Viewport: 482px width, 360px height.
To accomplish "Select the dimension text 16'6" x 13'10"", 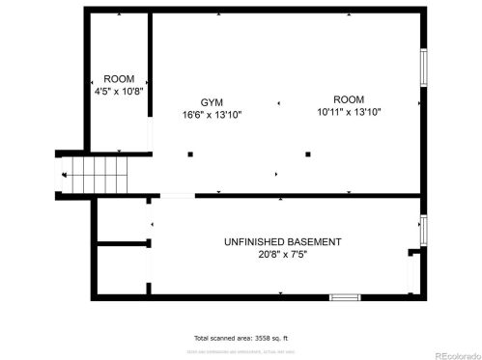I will [212, 114].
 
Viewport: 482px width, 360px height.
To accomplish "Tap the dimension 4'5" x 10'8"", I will [119, 93].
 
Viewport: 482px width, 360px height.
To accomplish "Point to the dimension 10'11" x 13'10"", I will [348, 112].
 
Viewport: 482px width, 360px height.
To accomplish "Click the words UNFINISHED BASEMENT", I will [282, 241].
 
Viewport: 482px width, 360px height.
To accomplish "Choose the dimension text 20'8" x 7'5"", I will [282, 254].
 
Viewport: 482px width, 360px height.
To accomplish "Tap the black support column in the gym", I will [190, 153].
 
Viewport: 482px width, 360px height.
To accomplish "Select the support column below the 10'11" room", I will [308, 153].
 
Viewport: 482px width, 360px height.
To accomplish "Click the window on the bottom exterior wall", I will [345, 297].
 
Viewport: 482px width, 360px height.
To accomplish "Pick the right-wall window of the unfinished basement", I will [423, 230].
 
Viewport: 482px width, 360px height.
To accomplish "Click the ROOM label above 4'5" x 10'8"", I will [119, 80].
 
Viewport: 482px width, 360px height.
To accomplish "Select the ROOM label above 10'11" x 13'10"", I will [349, 99].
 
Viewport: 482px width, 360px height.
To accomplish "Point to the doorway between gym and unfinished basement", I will [177, 197].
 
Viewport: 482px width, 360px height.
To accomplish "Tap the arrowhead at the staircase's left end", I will [65, 176].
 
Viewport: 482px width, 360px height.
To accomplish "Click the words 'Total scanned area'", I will [220, 339].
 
